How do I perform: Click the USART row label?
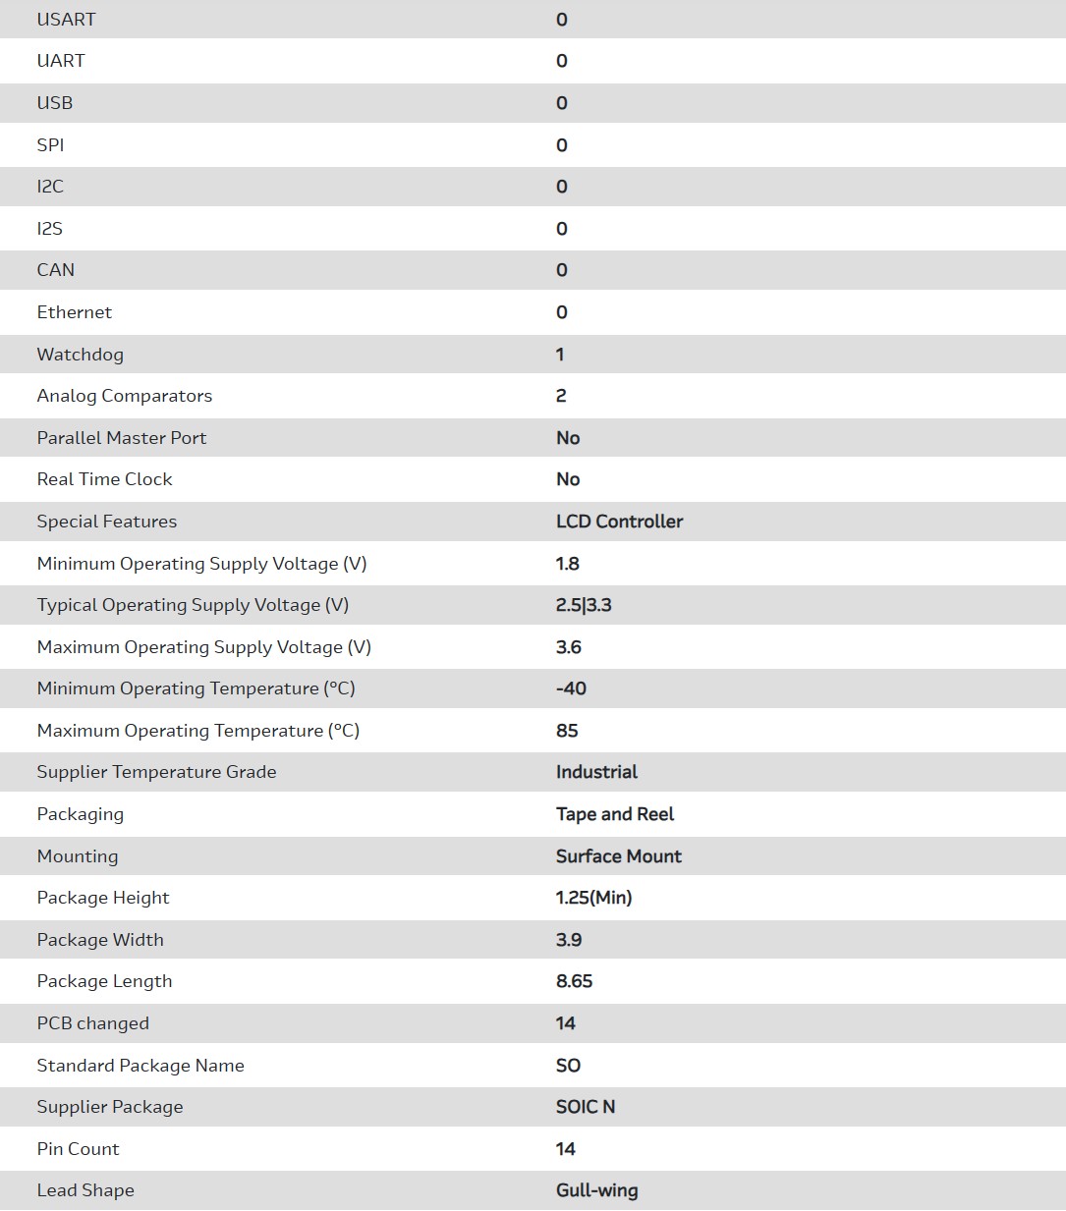coord(66,20)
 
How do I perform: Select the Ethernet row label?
coord(74,312)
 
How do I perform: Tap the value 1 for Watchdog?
coord(560,355)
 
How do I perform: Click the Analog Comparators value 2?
coord(561,396)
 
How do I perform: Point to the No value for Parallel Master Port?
coord(568,438)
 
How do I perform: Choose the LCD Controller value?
coord(619,522)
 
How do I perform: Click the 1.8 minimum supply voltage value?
coord(568,564)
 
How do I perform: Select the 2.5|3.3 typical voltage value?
coord(584,605)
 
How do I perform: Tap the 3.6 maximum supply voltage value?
coord(569,647)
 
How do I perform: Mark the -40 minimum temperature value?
coord(571,688)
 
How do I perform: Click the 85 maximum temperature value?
coord(567,731)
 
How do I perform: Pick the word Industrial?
coord(596,772)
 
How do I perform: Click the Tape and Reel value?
coord(615,814)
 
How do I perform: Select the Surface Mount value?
coord(619,856)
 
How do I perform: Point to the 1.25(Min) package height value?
coord(593,898)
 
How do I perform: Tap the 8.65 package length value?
coord(574,981)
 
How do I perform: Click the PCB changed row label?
coord(92,1023)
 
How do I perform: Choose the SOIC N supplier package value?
coord(586,1107)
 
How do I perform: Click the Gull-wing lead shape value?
coord(596,1190)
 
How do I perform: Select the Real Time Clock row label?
coord(104,479)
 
